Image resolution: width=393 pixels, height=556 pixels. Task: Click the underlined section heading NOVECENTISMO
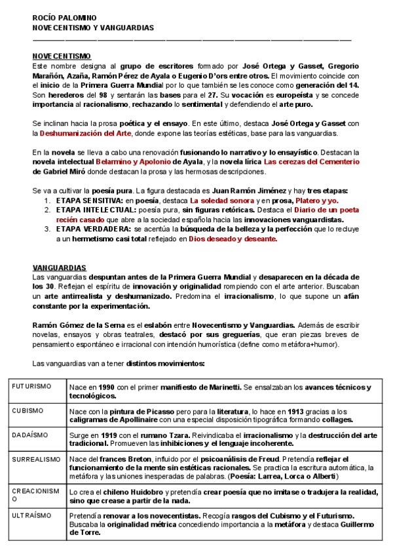(62, 56)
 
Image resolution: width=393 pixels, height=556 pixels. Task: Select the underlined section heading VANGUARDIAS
(60, 268)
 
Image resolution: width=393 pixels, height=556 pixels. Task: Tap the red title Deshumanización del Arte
(86, 133)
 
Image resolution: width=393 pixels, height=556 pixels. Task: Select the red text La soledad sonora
(223, 200)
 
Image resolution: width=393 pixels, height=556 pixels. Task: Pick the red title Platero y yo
(316, 200)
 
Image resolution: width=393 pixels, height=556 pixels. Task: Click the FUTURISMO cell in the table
(31, 387)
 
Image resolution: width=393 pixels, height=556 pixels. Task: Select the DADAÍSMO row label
(30, 434)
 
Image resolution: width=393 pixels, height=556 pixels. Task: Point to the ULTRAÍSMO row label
(32, 515)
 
